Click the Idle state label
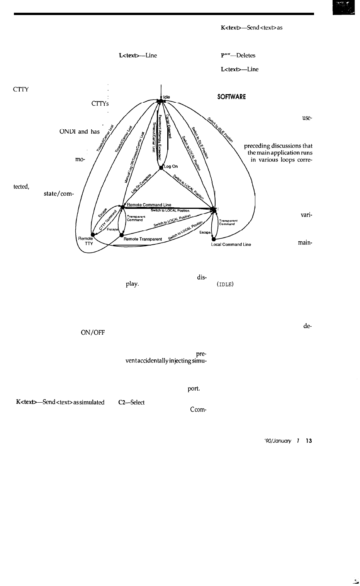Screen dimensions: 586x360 pos(166,97)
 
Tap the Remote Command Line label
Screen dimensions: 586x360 pos(149,205)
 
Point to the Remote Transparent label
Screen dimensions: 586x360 pos(143,239)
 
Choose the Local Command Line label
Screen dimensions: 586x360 pos(231,244)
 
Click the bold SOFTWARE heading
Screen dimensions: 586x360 pos(231,97)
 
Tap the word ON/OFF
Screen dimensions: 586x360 pos(93,332)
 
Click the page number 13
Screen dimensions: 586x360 pos(309,441)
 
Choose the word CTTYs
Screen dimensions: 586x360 pos(100,103)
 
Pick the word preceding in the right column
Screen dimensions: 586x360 pos(259,146)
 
